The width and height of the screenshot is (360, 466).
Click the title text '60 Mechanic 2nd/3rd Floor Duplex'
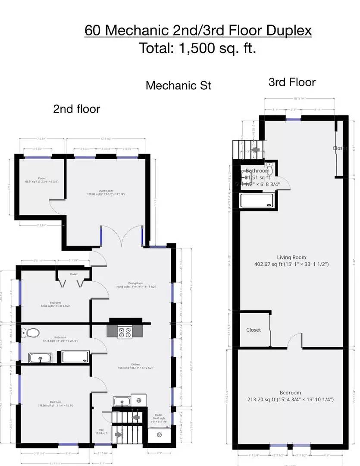pyautogui.click(x=198, y=31)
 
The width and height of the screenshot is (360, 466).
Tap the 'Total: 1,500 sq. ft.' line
pyautogui.click(x=198, y=48)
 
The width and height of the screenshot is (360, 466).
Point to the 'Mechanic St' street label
pyautogui.click(x=178, y=85)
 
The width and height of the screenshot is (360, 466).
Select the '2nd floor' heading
pyautogui.click(x=76, y=109)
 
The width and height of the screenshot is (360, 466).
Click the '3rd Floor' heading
pyautogui.click(x=292, y=82)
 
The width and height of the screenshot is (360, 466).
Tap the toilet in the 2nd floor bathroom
pyautogui.click(x=30, y=333)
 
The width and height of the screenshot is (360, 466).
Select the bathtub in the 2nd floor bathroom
pyautogui.click(x=76, y=357)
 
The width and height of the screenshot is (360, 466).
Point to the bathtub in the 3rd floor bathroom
pyautogui.click(x=257, y=200)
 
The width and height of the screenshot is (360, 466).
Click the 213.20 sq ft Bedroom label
pyautogui.click(x=290, y=396)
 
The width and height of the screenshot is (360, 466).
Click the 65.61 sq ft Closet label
pyautogui.click(x=41, y=180)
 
